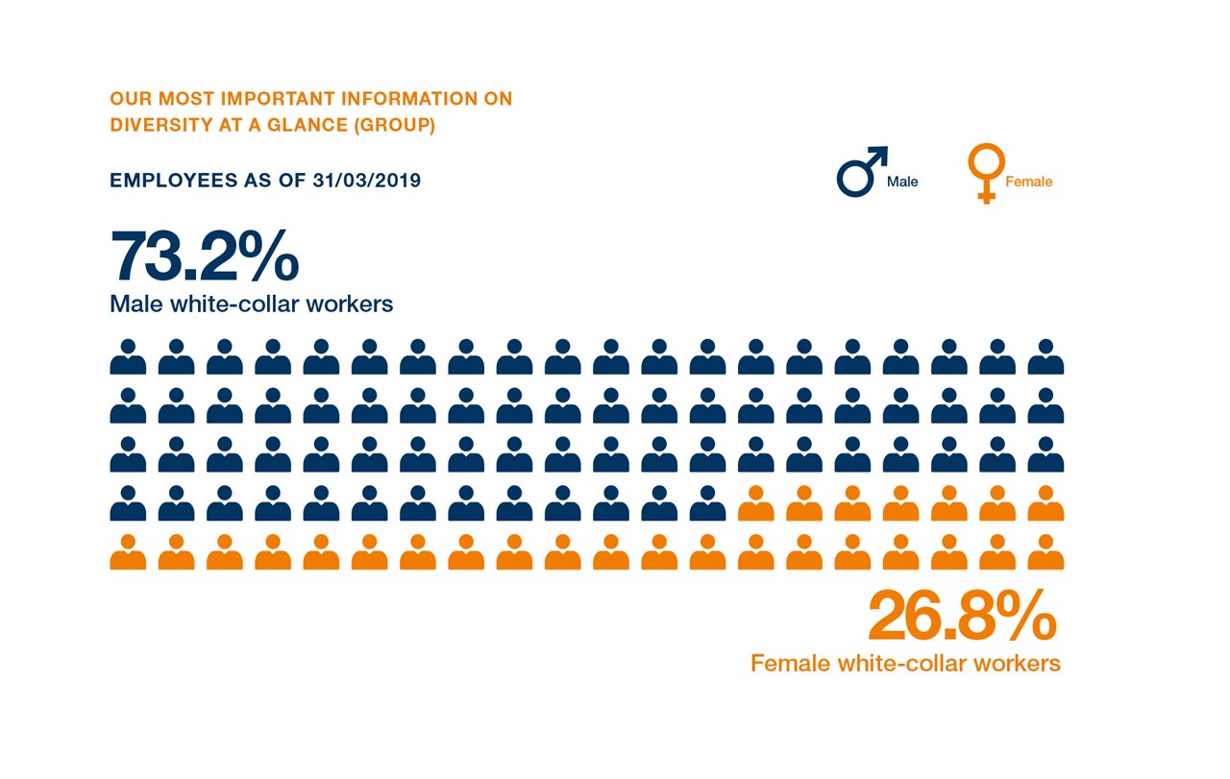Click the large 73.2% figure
point(205,256)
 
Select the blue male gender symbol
point(860,173)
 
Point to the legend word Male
point(902,182)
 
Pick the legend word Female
point(1028,182)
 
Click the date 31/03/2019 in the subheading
point(366,181)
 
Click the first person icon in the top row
point(128,357)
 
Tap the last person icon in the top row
point(1045,357)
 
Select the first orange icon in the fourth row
point(755,504)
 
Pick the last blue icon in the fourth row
point(707,504)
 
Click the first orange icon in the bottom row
point(128,553)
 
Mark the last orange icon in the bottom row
point(1045,553)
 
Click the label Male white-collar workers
point(252,304)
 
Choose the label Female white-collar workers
point(905,664)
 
